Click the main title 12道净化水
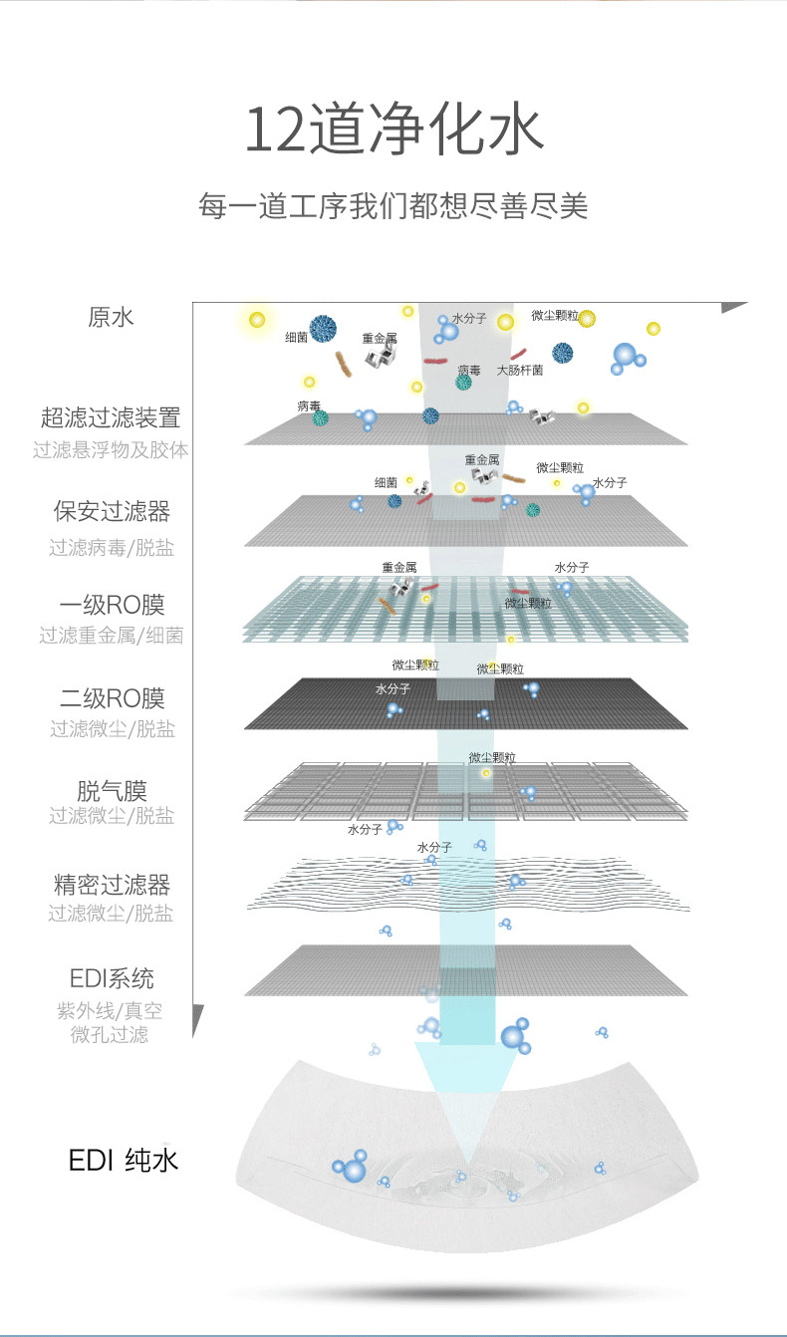(393, 131)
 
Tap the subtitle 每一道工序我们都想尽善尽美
(393, 206)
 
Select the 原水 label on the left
(111, 318)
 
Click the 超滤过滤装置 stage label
(111, 417)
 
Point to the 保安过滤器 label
(112, 512)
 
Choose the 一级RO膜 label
(112, 605)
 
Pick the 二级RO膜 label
(112, 698)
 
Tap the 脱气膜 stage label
(112, 792)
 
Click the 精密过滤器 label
(112, 885)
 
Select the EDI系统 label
(112, 978)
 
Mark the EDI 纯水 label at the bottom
(124, 1160)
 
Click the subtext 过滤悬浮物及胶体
(111, 449)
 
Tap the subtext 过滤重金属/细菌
(112, 636)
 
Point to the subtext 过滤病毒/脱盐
(112, 548)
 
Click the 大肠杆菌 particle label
(520, 371)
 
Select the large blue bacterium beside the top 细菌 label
(323, 329)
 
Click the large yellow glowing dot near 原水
(257, 320)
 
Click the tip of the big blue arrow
(466, 1166)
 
